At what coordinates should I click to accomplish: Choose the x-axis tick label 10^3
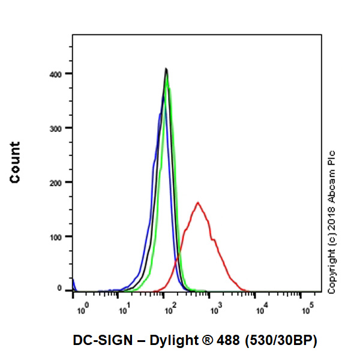pos(217,309)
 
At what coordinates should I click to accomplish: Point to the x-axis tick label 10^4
pos(263,309)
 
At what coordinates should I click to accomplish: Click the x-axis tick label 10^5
pos(308,309)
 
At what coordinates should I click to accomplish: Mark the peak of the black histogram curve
pos(166,68)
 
